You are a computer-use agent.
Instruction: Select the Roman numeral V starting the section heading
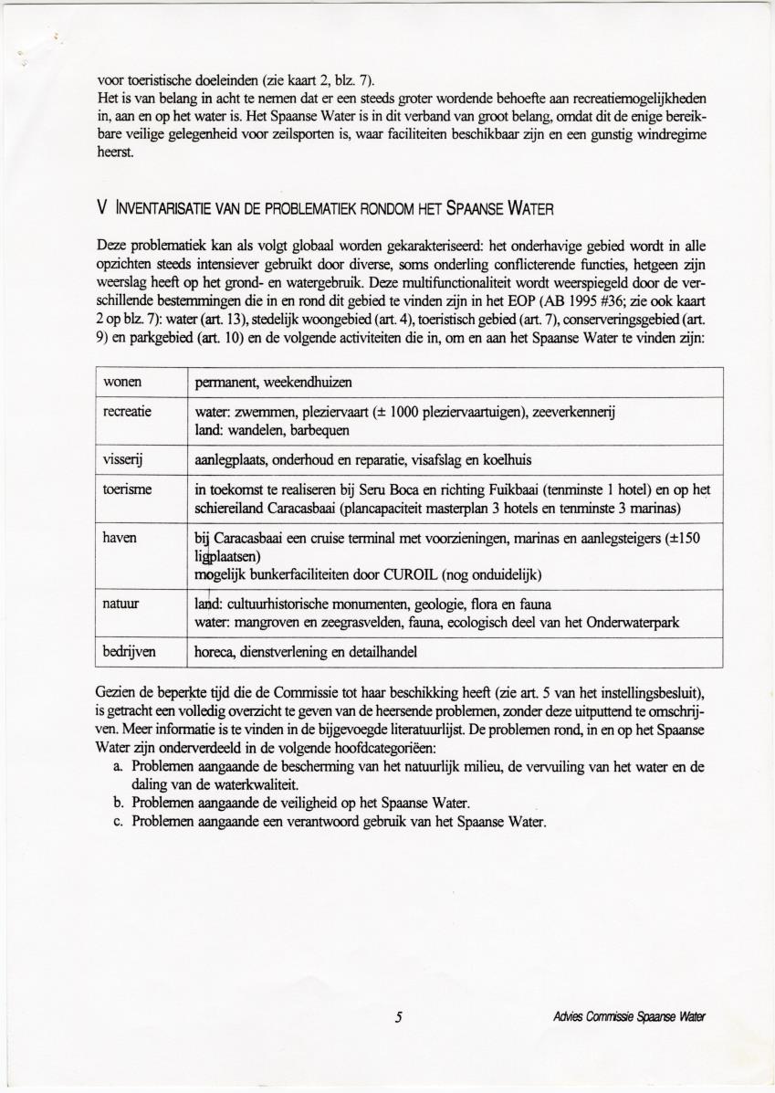click(x=100, y=207)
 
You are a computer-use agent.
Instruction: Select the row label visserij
click(x=126, y=459)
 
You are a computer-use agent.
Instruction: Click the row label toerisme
click(x=128, y=490)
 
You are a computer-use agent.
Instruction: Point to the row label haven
click(x=120, y=538)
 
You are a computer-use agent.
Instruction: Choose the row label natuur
click(x=122, y=604)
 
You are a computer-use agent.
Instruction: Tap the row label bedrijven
click(x=130, y=652)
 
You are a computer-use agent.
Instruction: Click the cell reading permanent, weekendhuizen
click(x=273, y=381)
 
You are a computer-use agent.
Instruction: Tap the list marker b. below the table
click(x=120, y=803)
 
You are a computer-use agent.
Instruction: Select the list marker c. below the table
click(x=120, y=821)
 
